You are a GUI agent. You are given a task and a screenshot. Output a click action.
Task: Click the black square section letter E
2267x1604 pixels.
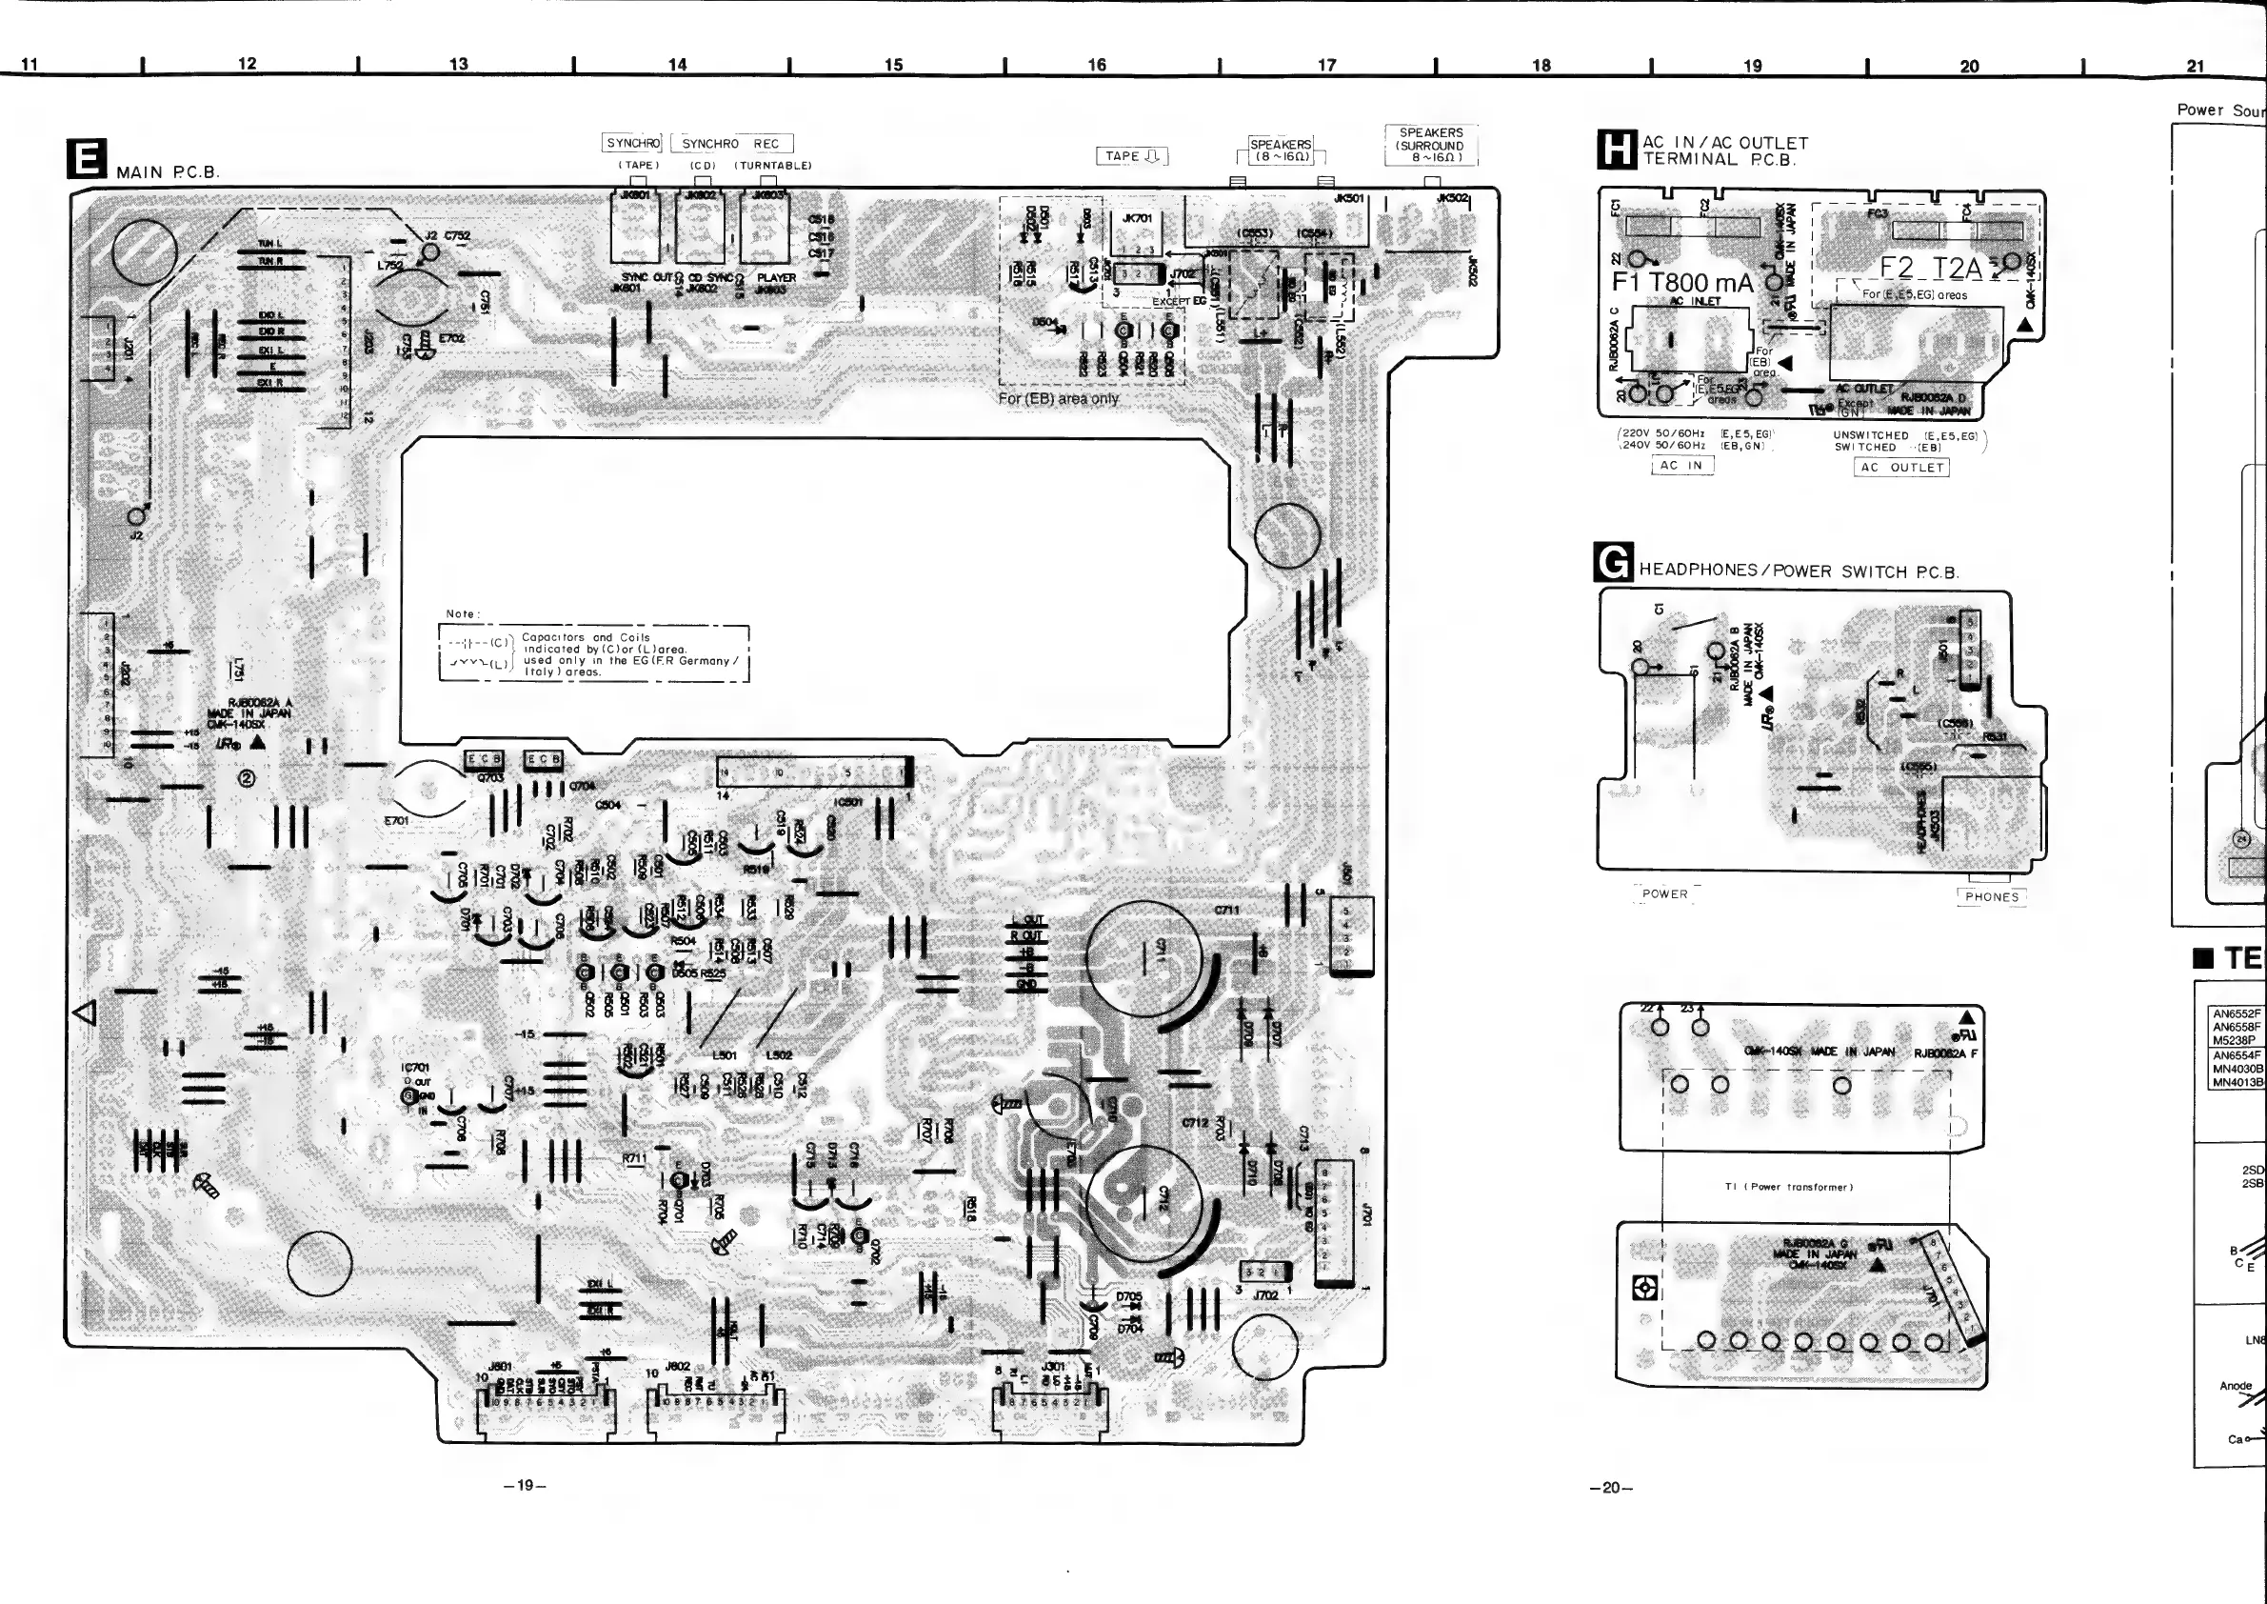[86, 159]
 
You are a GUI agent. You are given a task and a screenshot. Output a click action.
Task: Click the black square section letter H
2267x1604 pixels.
[1617, 150]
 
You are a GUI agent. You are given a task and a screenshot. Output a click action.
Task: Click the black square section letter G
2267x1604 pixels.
[1613, 563]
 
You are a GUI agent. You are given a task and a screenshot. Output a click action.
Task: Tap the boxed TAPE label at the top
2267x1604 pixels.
[1131, 156]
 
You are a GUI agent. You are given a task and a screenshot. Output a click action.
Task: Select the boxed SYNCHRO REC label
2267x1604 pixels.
[730, 144]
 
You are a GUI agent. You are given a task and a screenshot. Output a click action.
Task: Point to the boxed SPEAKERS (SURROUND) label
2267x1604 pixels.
[1431, 145]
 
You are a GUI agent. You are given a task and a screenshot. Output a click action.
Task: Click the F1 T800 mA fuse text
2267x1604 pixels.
[1682, 283]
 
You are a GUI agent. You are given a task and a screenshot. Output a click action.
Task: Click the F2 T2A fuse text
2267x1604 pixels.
[1930, 268]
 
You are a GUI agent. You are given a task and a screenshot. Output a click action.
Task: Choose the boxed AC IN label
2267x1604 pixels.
[1681, 465]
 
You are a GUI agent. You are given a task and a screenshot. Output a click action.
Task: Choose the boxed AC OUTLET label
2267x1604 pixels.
[1901, 467]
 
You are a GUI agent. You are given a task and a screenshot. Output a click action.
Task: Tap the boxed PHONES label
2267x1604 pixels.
[1991, 897]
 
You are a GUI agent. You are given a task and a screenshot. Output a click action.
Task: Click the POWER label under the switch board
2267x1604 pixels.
[1664, 893]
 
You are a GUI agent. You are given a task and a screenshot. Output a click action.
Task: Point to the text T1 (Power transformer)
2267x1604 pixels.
[1788, 1187]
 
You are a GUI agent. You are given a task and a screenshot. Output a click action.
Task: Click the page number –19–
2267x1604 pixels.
[525, 1486]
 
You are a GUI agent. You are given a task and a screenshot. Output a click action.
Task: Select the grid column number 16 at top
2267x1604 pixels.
[1097, 65]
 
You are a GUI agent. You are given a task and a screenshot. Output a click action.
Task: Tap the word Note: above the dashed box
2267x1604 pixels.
[462, 613]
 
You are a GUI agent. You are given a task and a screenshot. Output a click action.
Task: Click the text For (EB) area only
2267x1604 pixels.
[1058, 399]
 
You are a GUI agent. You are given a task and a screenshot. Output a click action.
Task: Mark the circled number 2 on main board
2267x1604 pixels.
[247, 778]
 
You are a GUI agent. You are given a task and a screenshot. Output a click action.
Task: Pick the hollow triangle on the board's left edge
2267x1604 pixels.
[85, 1013]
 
